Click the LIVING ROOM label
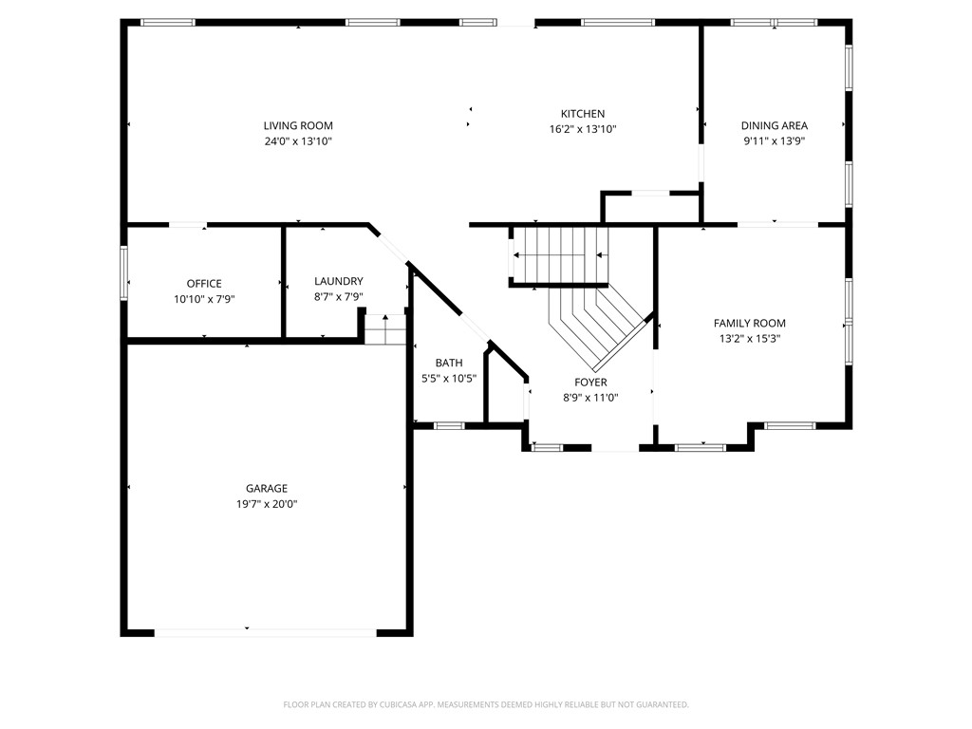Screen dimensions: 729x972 pos(298,125)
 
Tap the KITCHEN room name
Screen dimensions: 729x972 pos(582,114)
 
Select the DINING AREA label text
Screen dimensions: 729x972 pos(774,125)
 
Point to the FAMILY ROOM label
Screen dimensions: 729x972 pos(749,323)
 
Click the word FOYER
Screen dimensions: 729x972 pos(590,383)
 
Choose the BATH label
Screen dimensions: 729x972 pos(449,363)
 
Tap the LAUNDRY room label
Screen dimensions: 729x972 pos(338,281)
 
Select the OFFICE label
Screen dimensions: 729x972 pos(204,283)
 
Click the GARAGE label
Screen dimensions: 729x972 pos(267,489)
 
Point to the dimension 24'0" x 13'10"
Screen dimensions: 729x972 pos(298,141)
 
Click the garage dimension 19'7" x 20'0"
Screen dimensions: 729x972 pos(267,504)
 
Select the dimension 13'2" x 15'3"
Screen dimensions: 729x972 pos(749,338)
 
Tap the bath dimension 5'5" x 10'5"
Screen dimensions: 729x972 pos(449,378)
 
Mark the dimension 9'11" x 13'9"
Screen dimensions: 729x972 pos(774,140)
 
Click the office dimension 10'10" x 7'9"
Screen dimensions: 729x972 pos(204,298)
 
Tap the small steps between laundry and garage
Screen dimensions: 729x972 pos(386,331)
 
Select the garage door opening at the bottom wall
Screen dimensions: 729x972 pos(266,631)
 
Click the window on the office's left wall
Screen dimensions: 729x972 pos(123,273)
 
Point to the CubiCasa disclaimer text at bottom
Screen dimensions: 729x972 pos(486,704)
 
